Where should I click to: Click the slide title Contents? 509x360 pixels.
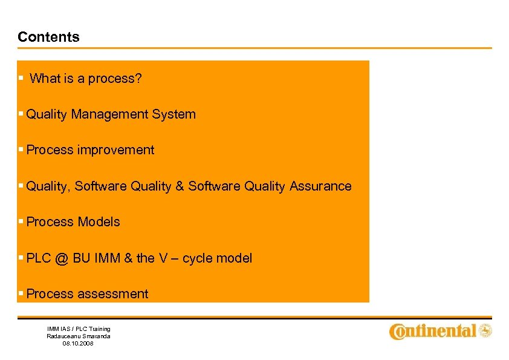point(48,37)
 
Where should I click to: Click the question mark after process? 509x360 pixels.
point(138,79)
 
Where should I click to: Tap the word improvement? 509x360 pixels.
point(115,150)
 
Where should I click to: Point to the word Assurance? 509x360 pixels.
point(320,186)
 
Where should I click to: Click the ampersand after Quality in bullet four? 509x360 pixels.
point(180,186)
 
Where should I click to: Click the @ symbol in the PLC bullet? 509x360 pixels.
point(61,258)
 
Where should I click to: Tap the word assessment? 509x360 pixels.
point(112,294)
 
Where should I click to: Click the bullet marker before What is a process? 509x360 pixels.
point(21,79)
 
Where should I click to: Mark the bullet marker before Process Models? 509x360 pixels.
point(21,222)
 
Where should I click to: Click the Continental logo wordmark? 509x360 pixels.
point(433,331)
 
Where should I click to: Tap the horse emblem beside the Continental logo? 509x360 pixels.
point(485,330)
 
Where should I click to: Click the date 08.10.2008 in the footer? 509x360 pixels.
point(79,343)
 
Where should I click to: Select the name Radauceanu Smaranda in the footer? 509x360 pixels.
point(79,336)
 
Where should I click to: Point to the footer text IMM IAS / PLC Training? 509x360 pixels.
point(79,329)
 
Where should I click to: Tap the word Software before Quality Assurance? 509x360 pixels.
point(214,186)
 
